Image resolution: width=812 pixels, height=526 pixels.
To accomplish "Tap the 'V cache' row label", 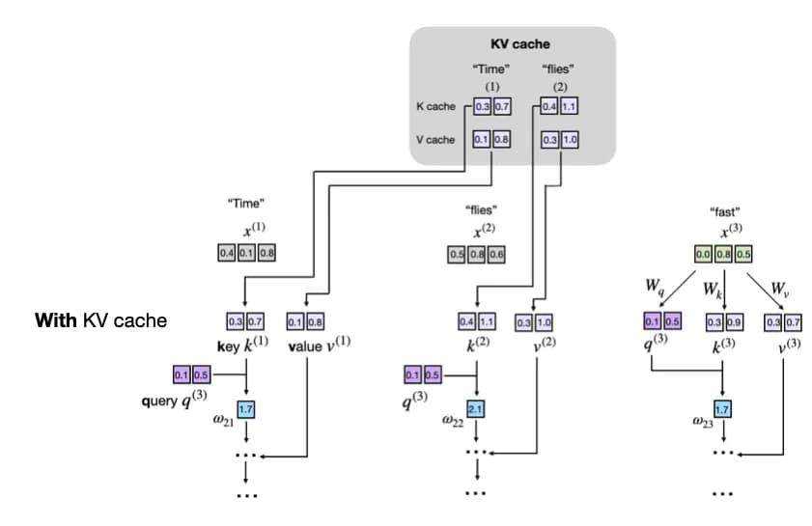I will click(434, 139).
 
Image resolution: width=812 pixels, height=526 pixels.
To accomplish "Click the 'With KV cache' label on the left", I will click(101, 319).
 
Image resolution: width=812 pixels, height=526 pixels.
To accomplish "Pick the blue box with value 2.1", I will click(475, 408).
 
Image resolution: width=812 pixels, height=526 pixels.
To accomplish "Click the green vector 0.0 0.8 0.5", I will click(722, 255).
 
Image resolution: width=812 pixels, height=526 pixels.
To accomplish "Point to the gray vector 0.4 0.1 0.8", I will click(246, 253).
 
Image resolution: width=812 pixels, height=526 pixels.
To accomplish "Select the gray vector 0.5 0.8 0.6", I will click(476, 254).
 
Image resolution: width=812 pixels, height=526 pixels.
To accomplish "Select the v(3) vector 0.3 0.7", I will click(780, 320).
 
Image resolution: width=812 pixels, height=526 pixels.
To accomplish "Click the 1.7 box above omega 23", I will click(722, 408).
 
